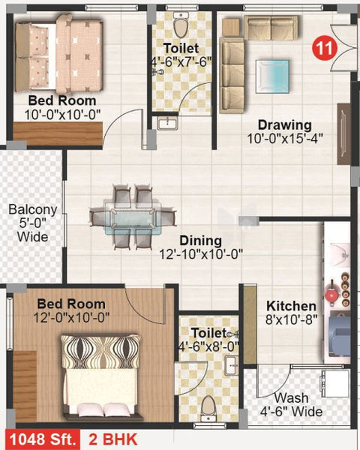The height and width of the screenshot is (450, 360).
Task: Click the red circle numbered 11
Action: pos(324,48)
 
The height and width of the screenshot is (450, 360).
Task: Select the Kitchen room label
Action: pos(291,306)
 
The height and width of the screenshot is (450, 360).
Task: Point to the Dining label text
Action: pos(201,240)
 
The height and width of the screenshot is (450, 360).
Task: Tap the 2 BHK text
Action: pos(113,440)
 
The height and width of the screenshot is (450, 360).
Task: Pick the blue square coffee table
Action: pos(272,76)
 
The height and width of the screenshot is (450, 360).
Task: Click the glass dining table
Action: pos(133,219)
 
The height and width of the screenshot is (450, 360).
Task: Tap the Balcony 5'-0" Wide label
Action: pos(32,223)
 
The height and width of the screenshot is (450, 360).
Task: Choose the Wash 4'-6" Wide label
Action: pos(291,405)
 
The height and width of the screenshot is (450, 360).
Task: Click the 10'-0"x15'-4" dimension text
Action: pos(285,139)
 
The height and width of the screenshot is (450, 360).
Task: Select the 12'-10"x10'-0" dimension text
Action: pos(201,254)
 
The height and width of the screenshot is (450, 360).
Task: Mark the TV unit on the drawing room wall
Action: pos(344,134)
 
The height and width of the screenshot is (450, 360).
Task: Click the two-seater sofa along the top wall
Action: pos(271,28)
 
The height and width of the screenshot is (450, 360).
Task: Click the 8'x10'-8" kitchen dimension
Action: pos(291,319)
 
